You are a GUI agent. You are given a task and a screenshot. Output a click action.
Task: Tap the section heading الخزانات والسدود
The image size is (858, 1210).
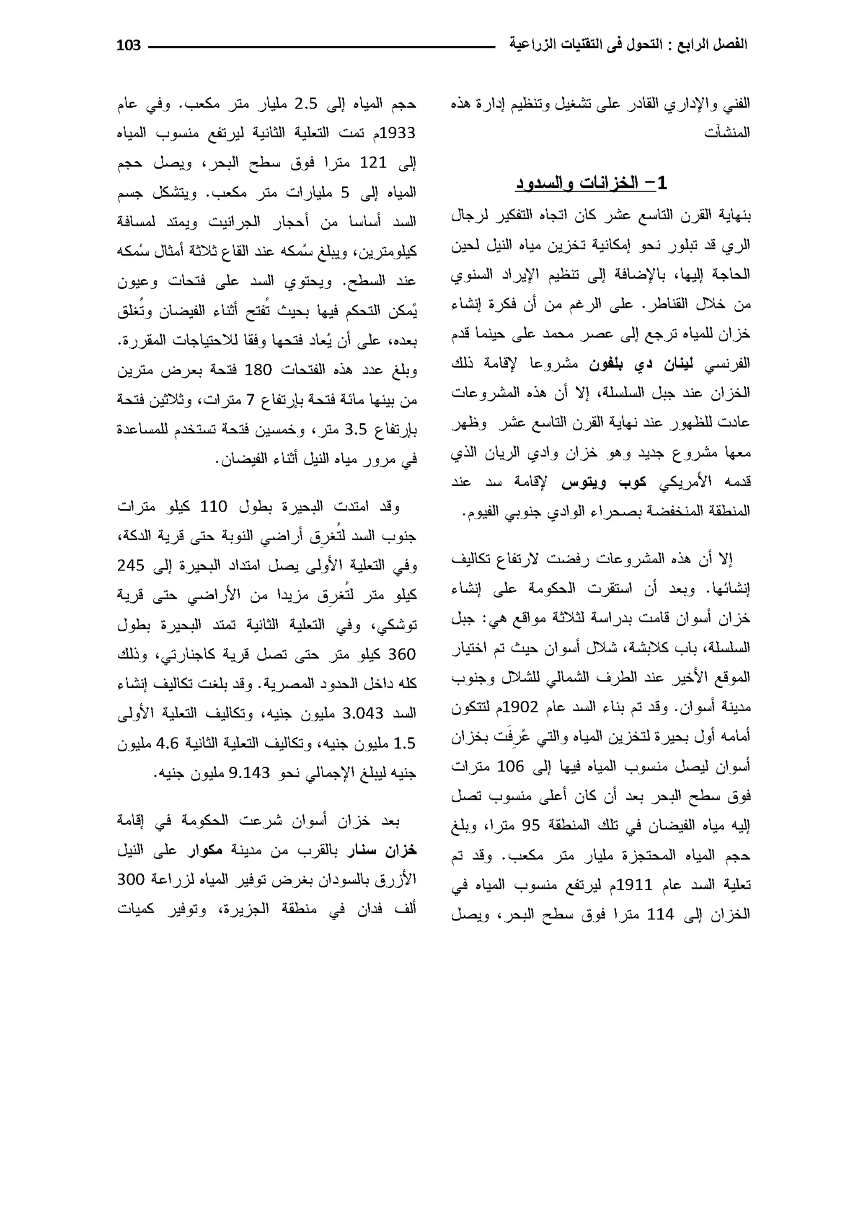591,183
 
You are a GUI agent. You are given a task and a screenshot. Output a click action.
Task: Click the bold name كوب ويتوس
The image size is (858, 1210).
604,482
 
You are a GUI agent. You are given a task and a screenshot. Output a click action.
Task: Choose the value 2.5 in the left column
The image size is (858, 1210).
306,104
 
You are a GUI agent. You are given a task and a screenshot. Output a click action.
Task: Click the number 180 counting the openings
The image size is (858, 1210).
258,370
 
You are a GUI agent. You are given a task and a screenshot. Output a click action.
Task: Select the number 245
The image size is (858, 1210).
130,566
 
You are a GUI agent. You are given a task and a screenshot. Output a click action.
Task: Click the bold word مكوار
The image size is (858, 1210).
206,850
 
